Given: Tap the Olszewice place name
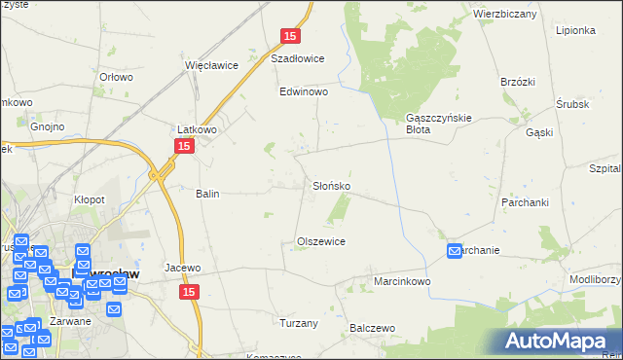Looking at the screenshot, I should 321,240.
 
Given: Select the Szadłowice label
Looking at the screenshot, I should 297,57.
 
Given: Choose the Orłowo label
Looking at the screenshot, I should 116,76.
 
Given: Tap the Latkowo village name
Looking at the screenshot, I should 196,128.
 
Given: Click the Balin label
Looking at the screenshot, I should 207,194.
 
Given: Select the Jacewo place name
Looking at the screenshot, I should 183,268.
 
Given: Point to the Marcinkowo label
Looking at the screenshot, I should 402,281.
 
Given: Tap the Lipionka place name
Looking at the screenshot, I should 575,30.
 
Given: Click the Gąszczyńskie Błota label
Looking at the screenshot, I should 438,124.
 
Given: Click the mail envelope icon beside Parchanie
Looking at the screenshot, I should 455,251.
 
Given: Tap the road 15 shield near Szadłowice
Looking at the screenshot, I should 290,36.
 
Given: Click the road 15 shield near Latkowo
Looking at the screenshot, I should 184,145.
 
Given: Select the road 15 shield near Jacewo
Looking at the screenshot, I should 190,292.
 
